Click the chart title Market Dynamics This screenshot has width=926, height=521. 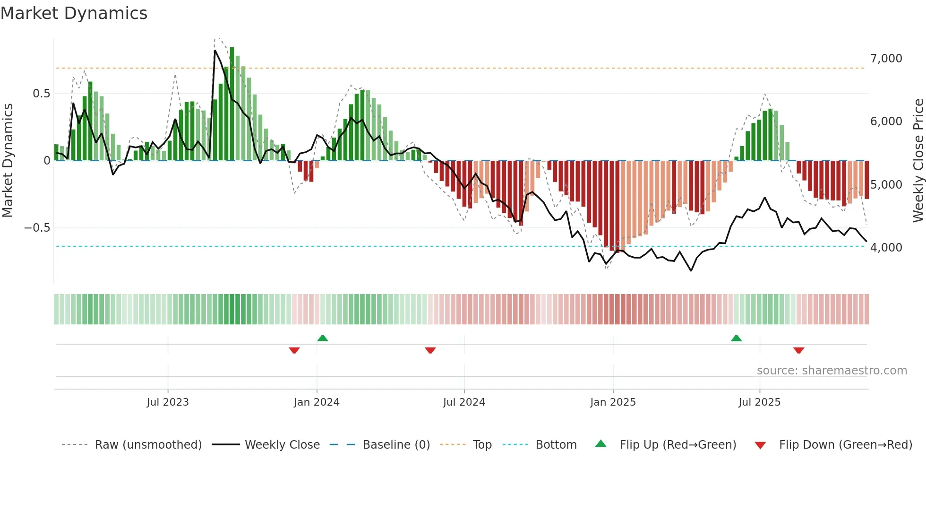point(74,13)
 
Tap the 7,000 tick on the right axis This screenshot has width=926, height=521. point(886,59)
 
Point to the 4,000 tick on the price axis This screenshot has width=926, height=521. point(886,248)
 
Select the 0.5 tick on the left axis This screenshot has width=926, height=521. point(41,94)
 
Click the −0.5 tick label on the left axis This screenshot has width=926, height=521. point(37,228)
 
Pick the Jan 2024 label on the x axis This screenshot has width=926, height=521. point(317,402)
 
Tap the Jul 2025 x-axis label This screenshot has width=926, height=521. point(759,402)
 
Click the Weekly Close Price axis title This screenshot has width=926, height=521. point(918,160)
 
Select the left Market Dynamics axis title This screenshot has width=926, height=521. point(8,160)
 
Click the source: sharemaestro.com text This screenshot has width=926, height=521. point(832,371)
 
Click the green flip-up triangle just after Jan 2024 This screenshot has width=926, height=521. point(323,339)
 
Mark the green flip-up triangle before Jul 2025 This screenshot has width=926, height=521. point(736,339)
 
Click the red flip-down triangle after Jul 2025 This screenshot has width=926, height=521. point(798,350)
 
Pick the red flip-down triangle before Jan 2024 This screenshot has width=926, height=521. point(294,350)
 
